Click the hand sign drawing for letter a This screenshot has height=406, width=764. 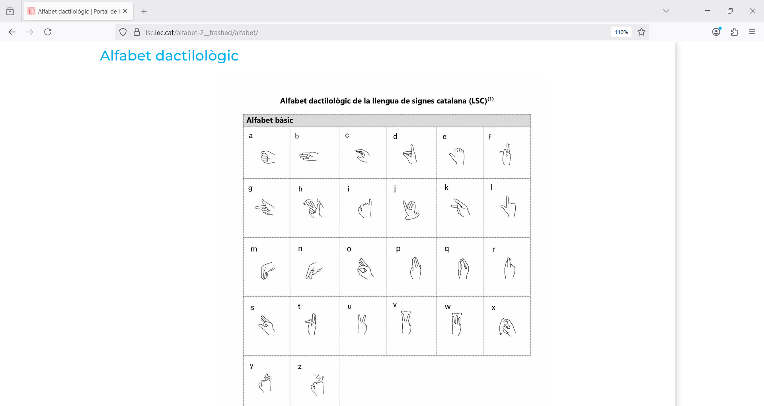pyautogui.click(x=268, y=157)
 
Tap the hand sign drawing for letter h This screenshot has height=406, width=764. pyautogui.click(x=314, y=207)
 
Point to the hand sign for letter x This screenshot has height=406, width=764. pyautogui.click(x=507, y=327)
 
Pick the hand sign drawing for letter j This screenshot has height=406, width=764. pyautogui.click(x=411, y=209)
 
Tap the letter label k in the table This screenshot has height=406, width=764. pyautogui.click(x=446, y=187)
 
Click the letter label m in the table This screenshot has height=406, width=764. pyautogui.click(x=253, y=249)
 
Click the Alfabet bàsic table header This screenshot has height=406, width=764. pyautogui.click(x=269, y=120)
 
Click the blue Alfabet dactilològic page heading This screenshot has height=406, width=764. pyautogui.click(x=169, y=56)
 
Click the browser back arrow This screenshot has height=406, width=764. pyautogui.click(x=12, y=32)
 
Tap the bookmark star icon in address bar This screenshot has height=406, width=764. pyautogui.click(x=641, y=32)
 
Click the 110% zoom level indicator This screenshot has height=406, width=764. pyautogui.click(x=621, y=32)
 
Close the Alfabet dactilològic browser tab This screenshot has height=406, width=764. pyautogui.click(x=125, y=11)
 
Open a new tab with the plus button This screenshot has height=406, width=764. pyautogui.click(x=144, y=12)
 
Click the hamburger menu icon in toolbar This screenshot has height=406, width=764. pyautogui.click(x=752, y=32)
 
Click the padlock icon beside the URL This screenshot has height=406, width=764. pyautogui.click(x=137, y=32)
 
